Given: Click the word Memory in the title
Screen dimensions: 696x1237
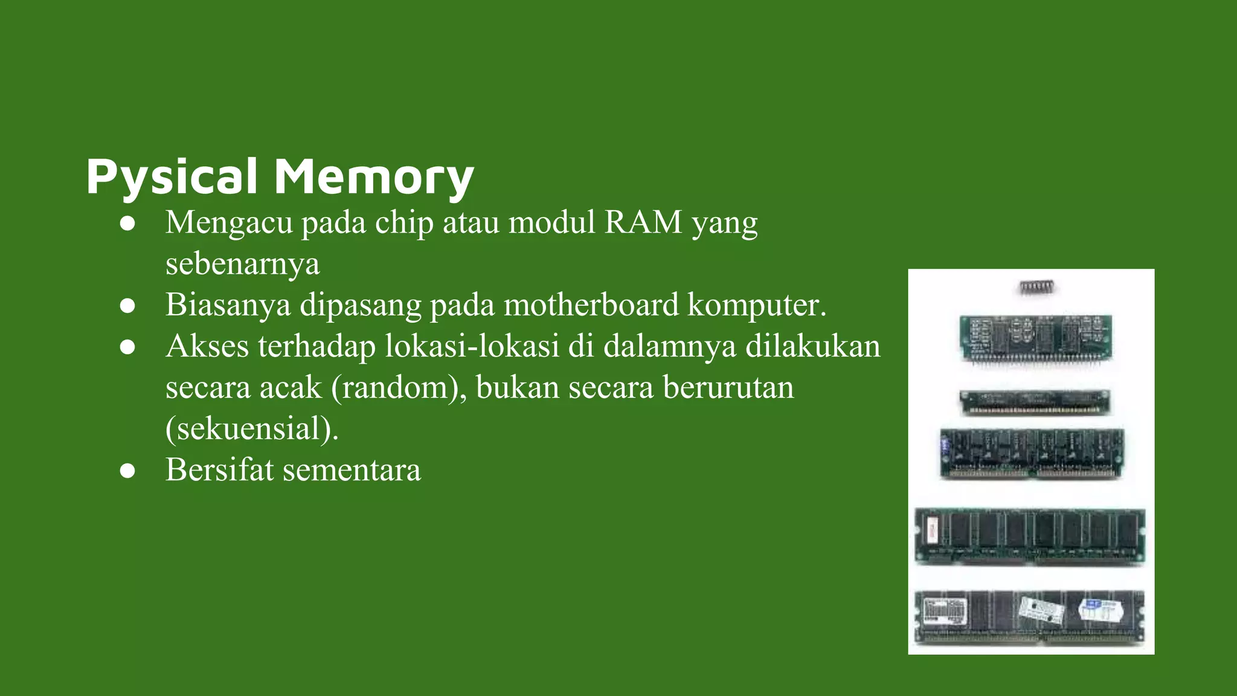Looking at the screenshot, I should click(374, 176).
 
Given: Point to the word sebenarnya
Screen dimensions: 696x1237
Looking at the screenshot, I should click(242, 264).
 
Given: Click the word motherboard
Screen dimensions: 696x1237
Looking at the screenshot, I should click(591, 304).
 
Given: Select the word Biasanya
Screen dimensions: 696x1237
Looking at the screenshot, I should click(228, 304).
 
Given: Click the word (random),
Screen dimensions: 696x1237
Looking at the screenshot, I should click(399, 387).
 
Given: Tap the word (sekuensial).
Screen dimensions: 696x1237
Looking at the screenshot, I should click(252, 429).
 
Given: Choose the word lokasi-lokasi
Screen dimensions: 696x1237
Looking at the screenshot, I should click(472, 346).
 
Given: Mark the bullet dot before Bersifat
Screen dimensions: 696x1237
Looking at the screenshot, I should click(127, 471).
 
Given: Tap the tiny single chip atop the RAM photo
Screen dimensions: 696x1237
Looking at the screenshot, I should click(1037, 288).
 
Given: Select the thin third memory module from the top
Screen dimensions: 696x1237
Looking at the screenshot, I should click(1035, 402).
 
